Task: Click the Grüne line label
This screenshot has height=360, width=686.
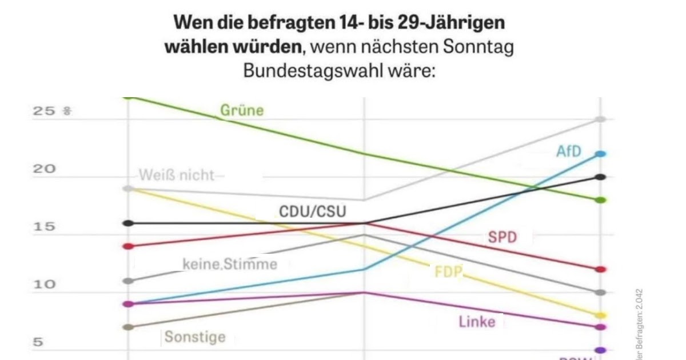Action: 242,110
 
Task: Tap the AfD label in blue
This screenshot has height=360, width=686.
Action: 568,151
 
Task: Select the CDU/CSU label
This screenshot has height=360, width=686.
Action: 312,212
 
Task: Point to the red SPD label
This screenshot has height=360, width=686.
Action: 502,237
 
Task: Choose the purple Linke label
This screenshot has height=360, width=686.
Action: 477,322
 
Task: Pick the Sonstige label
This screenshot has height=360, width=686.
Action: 195,337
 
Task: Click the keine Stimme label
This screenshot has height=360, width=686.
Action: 230,264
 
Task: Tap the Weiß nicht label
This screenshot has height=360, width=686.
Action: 178,175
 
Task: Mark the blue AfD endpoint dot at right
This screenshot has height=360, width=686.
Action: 600,154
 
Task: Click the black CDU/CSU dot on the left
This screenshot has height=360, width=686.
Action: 129,223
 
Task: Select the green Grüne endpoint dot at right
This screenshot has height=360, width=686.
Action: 600,200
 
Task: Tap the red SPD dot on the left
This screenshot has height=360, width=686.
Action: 129,246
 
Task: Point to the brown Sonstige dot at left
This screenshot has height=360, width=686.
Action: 129,327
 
